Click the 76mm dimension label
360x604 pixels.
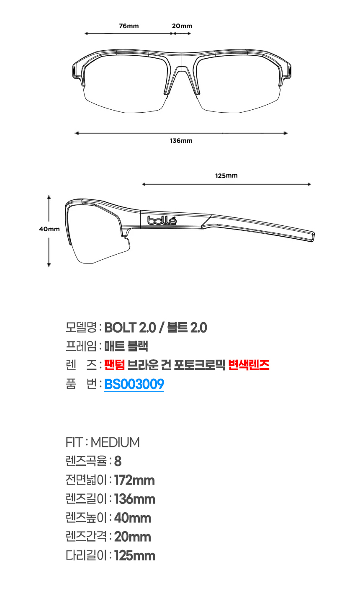(x=129, y=26)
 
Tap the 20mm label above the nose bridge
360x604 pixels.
(x=182, y=26)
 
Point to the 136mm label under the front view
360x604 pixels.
(x=181, y=140)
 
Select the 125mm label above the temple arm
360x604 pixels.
(x=226, y=176)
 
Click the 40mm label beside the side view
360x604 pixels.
(x=49, y=229)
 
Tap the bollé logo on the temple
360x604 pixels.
(x=162, y=220)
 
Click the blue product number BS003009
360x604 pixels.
(x=134, y=384)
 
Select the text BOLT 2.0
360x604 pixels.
(x=130, y=328)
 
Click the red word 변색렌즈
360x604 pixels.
(x=249, y=365)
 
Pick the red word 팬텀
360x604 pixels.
(x=115, y=365)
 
